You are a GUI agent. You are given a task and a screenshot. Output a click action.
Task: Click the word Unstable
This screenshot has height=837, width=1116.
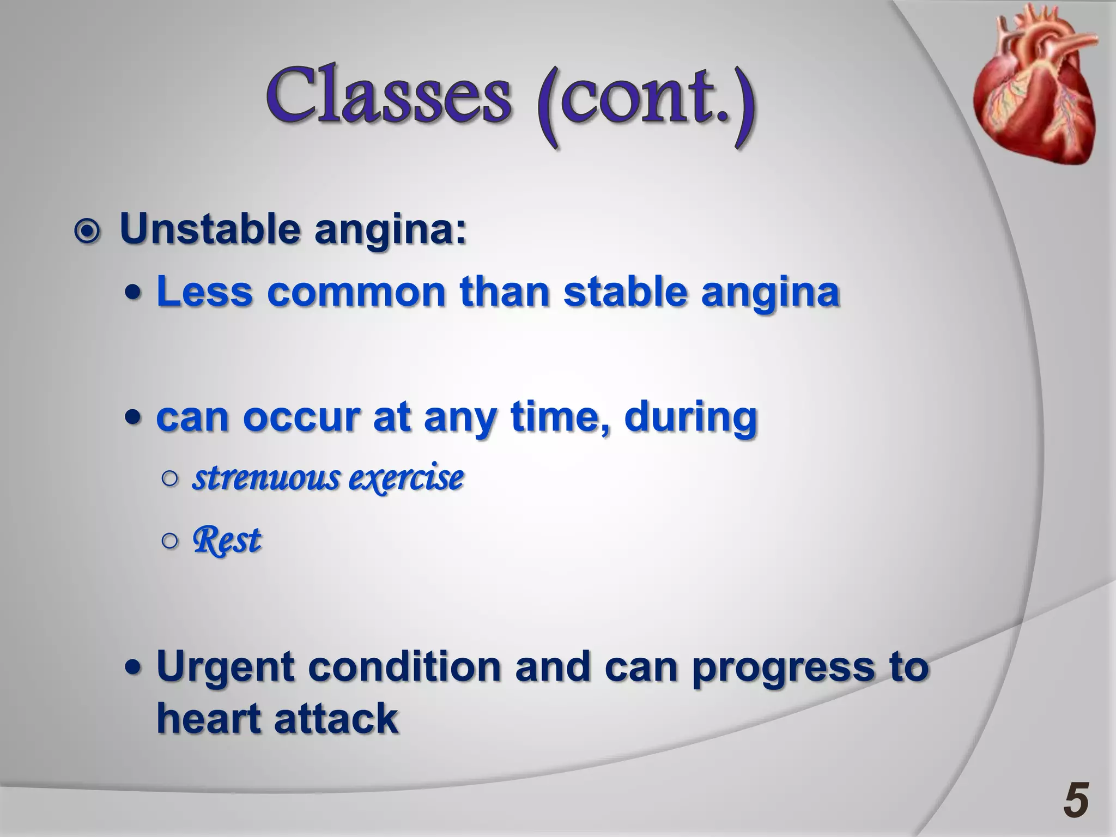pyautogui.click(x=210, y=229)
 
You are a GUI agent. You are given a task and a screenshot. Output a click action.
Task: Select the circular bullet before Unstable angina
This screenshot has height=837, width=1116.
pyautogui.click(x=87, y=232)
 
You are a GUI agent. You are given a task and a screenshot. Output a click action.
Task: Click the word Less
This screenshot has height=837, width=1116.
pyautogui.click(x=204, y=292)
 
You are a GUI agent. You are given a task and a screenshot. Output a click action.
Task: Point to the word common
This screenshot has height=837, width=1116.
pyautogui.click(x=356, y=292)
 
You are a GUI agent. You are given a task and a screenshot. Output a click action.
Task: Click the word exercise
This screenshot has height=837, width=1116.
pyautogui.click(x=406, y=478)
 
